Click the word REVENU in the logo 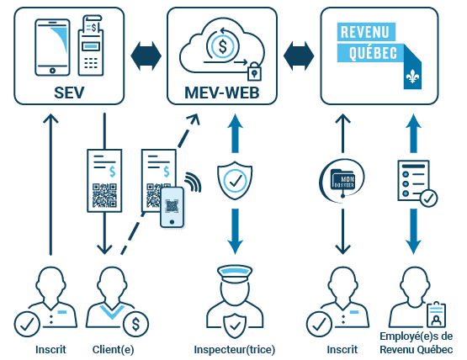tap(371, 32)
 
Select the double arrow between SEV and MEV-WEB tap(146, 57)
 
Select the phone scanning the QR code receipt tap(172, 207)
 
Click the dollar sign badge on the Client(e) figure tap(135, 322)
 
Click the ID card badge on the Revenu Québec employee tap(435, 316)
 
